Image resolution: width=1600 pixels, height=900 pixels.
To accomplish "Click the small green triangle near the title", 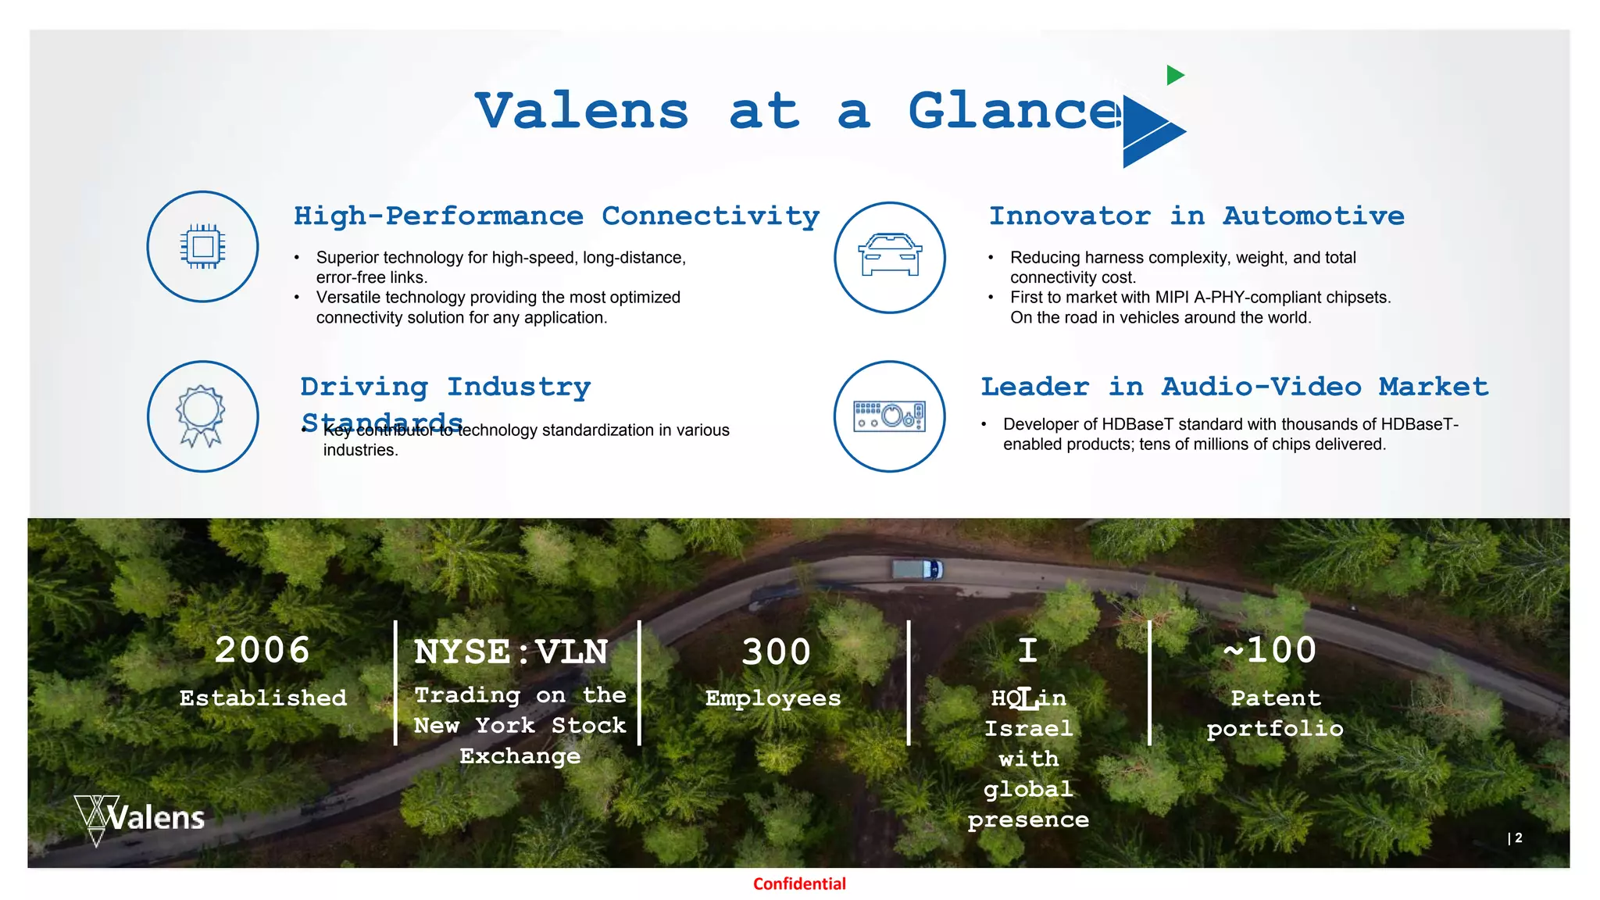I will click(x=1174, y=75).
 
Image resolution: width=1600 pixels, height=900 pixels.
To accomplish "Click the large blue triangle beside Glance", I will click(x=1149, y=131).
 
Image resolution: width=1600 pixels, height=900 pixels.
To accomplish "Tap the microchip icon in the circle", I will click(x=202, y=247).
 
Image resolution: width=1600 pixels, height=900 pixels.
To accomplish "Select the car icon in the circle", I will click(x=890, y=255).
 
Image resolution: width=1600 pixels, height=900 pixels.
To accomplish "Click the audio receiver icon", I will click(x=890, y=416).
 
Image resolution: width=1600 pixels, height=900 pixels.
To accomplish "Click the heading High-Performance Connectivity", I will click(x=556, y=216).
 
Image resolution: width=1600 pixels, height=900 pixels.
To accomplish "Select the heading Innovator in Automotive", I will click(x=1196, y=216).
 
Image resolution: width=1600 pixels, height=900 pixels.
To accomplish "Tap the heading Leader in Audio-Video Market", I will click(x=1234, y=387).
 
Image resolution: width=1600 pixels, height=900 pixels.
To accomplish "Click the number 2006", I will click(x=262, y=650).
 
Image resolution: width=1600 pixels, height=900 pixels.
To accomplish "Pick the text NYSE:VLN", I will click(x=511, y=652).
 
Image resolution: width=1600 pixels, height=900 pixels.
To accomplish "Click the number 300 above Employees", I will click(x=776, y=652).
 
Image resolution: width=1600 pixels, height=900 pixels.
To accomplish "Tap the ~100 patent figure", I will click(x=1270, y=650).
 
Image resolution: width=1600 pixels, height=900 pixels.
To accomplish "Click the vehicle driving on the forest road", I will click(x=918, y=570).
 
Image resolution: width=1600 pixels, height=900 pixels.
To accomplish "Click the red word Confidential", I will click(x=799, y=884).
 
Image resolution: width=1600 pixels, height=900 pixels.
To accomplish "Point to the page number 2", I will click(x=1518, y=837).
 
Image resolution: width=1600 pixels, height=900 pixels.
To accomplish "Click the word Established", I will click(x=263, y=698).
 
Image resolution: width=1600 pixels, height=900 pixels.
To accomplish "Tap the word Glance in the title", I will click(x=1014, y=112).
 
